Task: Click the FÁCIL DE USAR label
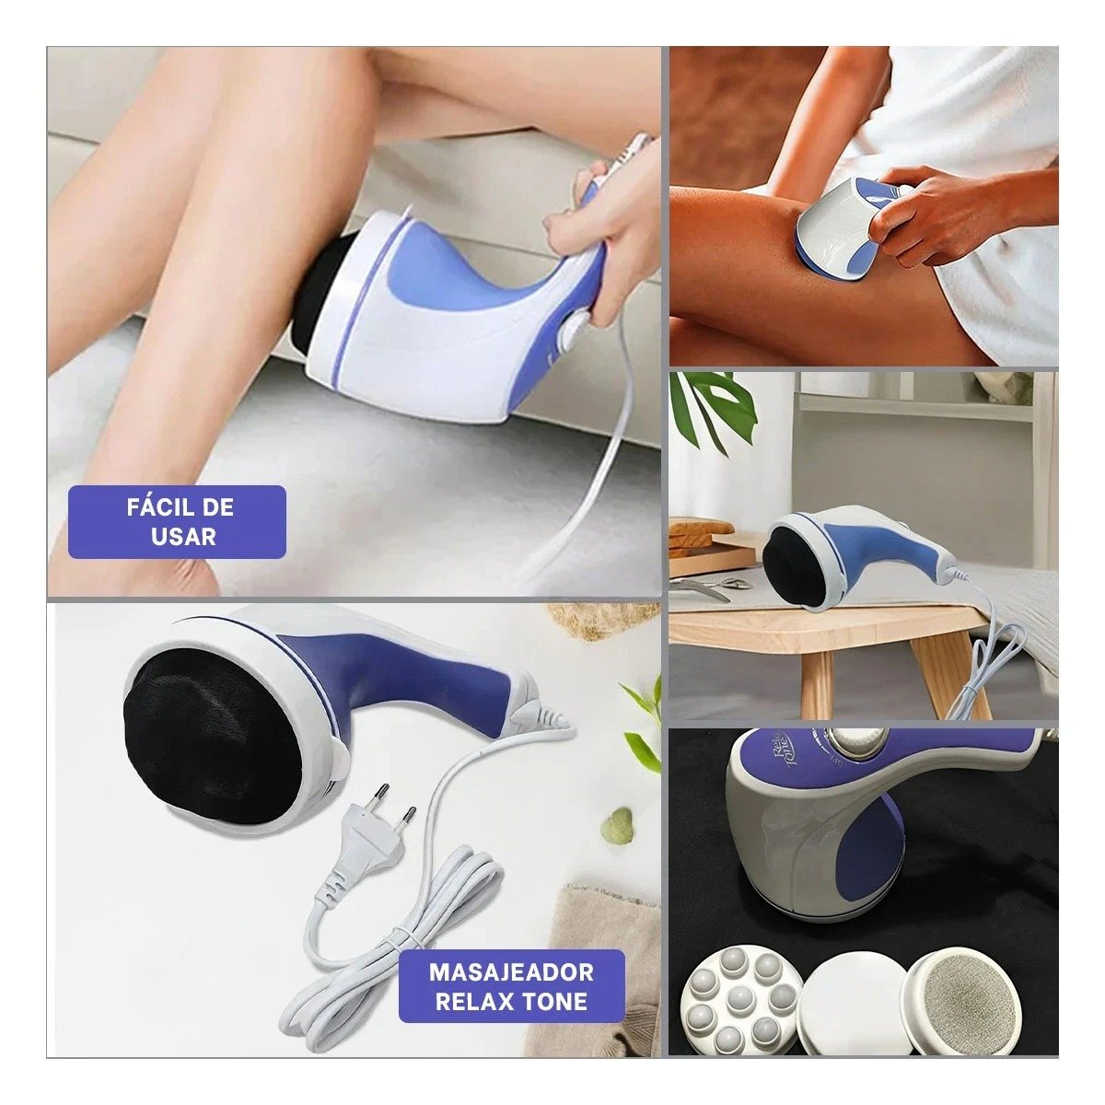(x=180, y=521)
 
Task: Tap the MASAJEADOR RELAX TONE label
(x=511, y=985)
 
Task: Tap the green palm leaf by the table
(x=714, y=405)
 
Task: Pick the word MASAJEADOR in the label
(x=511, y=971)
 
